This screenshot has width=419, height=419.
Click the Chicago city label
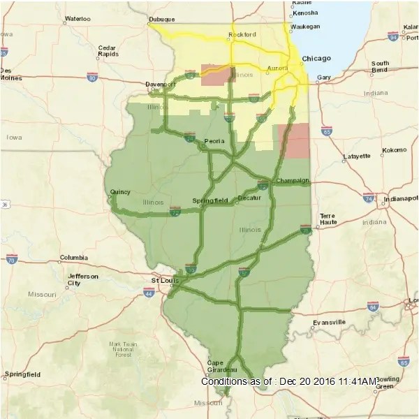coord(316,59)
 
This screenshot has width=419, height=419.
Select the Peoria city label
coord(214,141)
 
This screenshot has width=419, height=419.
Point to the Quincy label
coord(120,191)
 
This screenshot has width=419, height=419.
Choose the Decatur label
coord(249,198)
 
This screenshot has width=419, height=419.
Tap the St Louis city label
coord(166,280)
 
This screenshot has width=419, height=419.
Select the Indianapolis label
coord(399,198)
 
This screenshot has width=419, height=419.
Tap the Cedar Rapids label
coord(108,50)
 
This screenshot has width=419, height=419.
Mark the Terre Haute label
coord(328,219)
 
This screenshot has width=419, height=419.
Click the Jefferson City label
coord(83,279)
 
